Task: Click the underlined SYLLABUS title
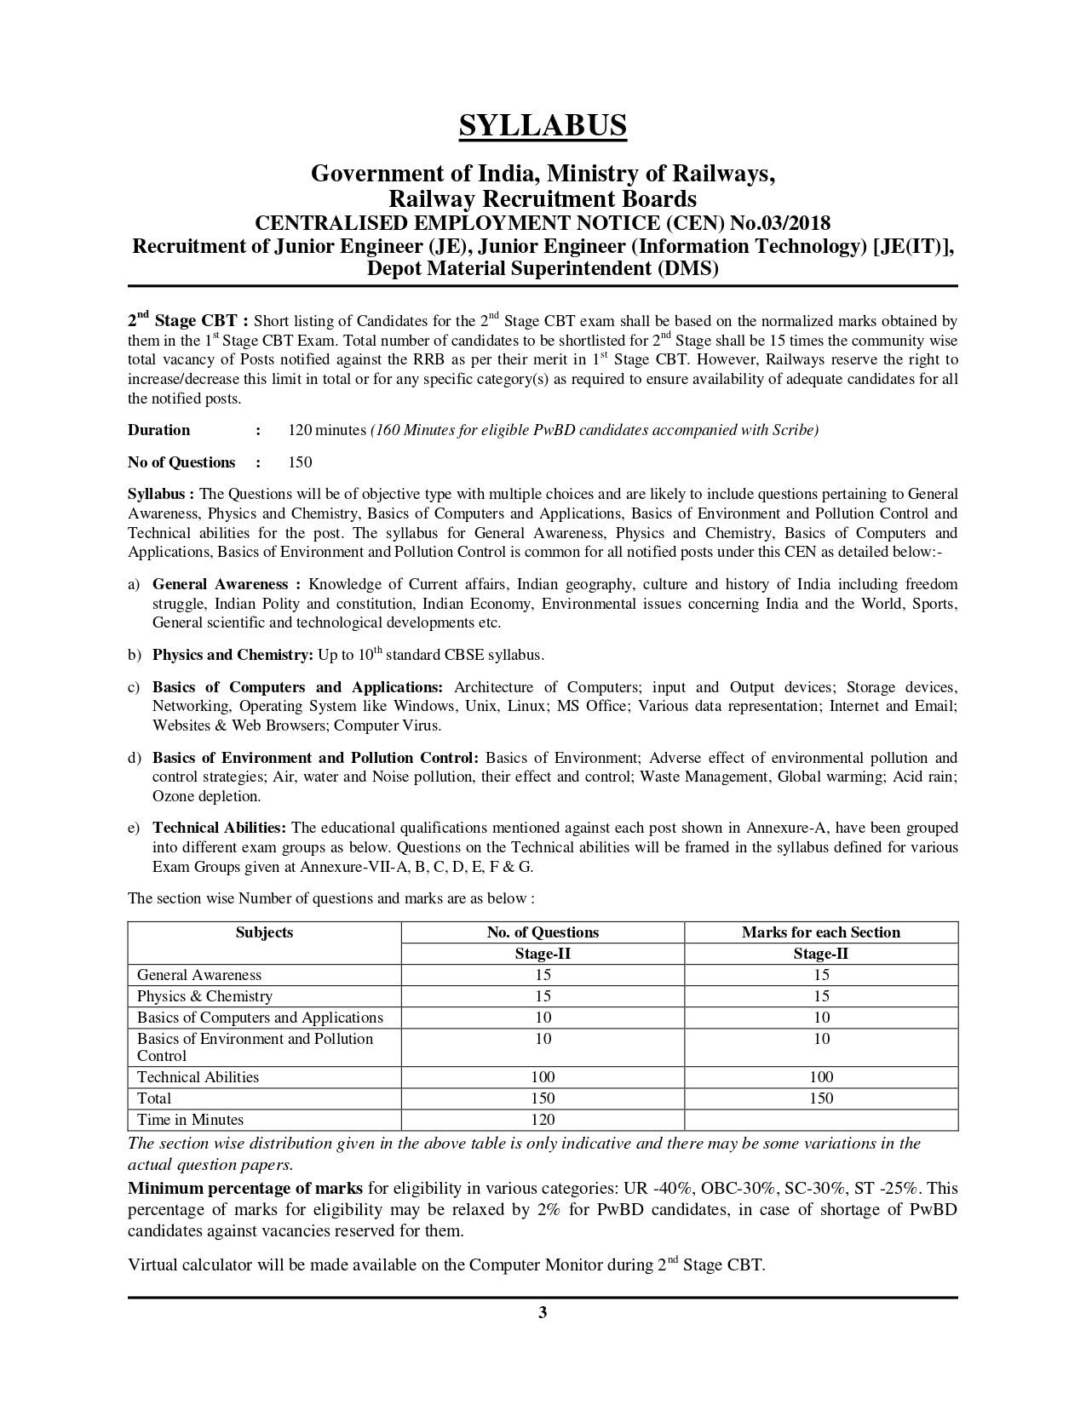[x=543, y=125]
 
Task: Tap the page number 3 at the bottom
[x=543, y=1312]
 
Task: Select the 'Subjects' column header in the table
[x=264, y=932]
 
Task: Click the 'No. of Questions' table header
[x=543, y=932]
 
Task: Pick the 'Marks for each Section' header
[x=820, y=932]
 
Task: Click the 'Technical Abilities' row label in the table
[x=198, y=1077]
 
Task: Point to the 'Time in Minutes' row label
[x=190, y=1120]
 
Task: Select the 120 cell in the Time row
[x=543, y=1120]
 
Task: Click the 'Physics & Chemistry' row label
[x=204, y=996]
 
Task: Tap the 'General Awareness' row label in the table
[x=199, y=975]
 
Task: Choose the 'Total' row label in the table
[x=154, y=1098]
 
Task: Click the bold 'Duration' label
[x=159, y=430]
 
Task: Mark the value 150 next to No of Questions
[x=300, y=462]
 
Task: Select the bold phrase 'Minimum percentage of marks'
[x=245, y=1188]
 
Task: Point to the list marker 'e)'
[x=134, y=828]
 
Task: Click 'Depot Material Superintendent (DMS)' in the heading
[x=543, y=269]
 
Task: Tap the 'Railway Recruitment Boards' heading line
[x=543, y=199]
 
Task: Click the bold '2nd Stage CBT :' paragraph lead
[x=187, y=321]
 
